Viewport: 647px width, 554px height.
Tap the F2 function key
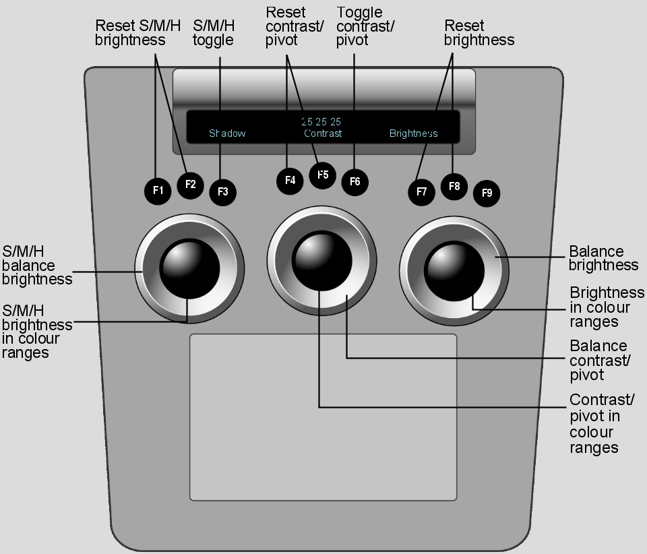190,185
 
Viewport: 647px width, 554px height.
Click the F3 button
223,192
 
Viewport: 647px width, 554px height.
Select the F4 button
290,180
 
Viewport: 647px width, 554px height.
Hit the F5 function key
323,175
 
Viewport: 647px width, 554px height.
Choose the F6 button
355,181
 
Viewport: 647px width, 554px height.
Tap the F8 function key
454,187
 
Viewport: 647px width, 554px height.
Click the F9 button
487,193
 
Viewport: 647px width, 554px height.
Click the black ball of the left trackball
189,268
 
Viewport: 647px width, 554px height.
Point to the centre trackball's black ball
322,261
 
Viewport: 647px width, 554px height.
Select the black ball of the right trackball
454,271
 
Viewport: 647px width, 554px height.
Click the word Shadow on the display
227,133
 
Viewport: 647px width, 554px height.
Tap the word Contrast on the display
323,133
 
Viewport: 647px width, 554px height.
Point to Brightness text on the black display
413,133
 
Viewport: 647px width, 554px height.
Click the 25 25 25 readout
321,122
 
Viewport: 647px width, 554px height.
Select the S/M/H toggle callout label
214,32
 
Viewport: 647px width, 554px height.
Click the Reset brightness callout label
479,32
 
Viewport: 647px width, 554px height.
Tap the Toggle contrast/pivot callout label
365,26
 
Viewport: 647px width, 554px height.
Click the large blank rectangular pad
323,417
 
